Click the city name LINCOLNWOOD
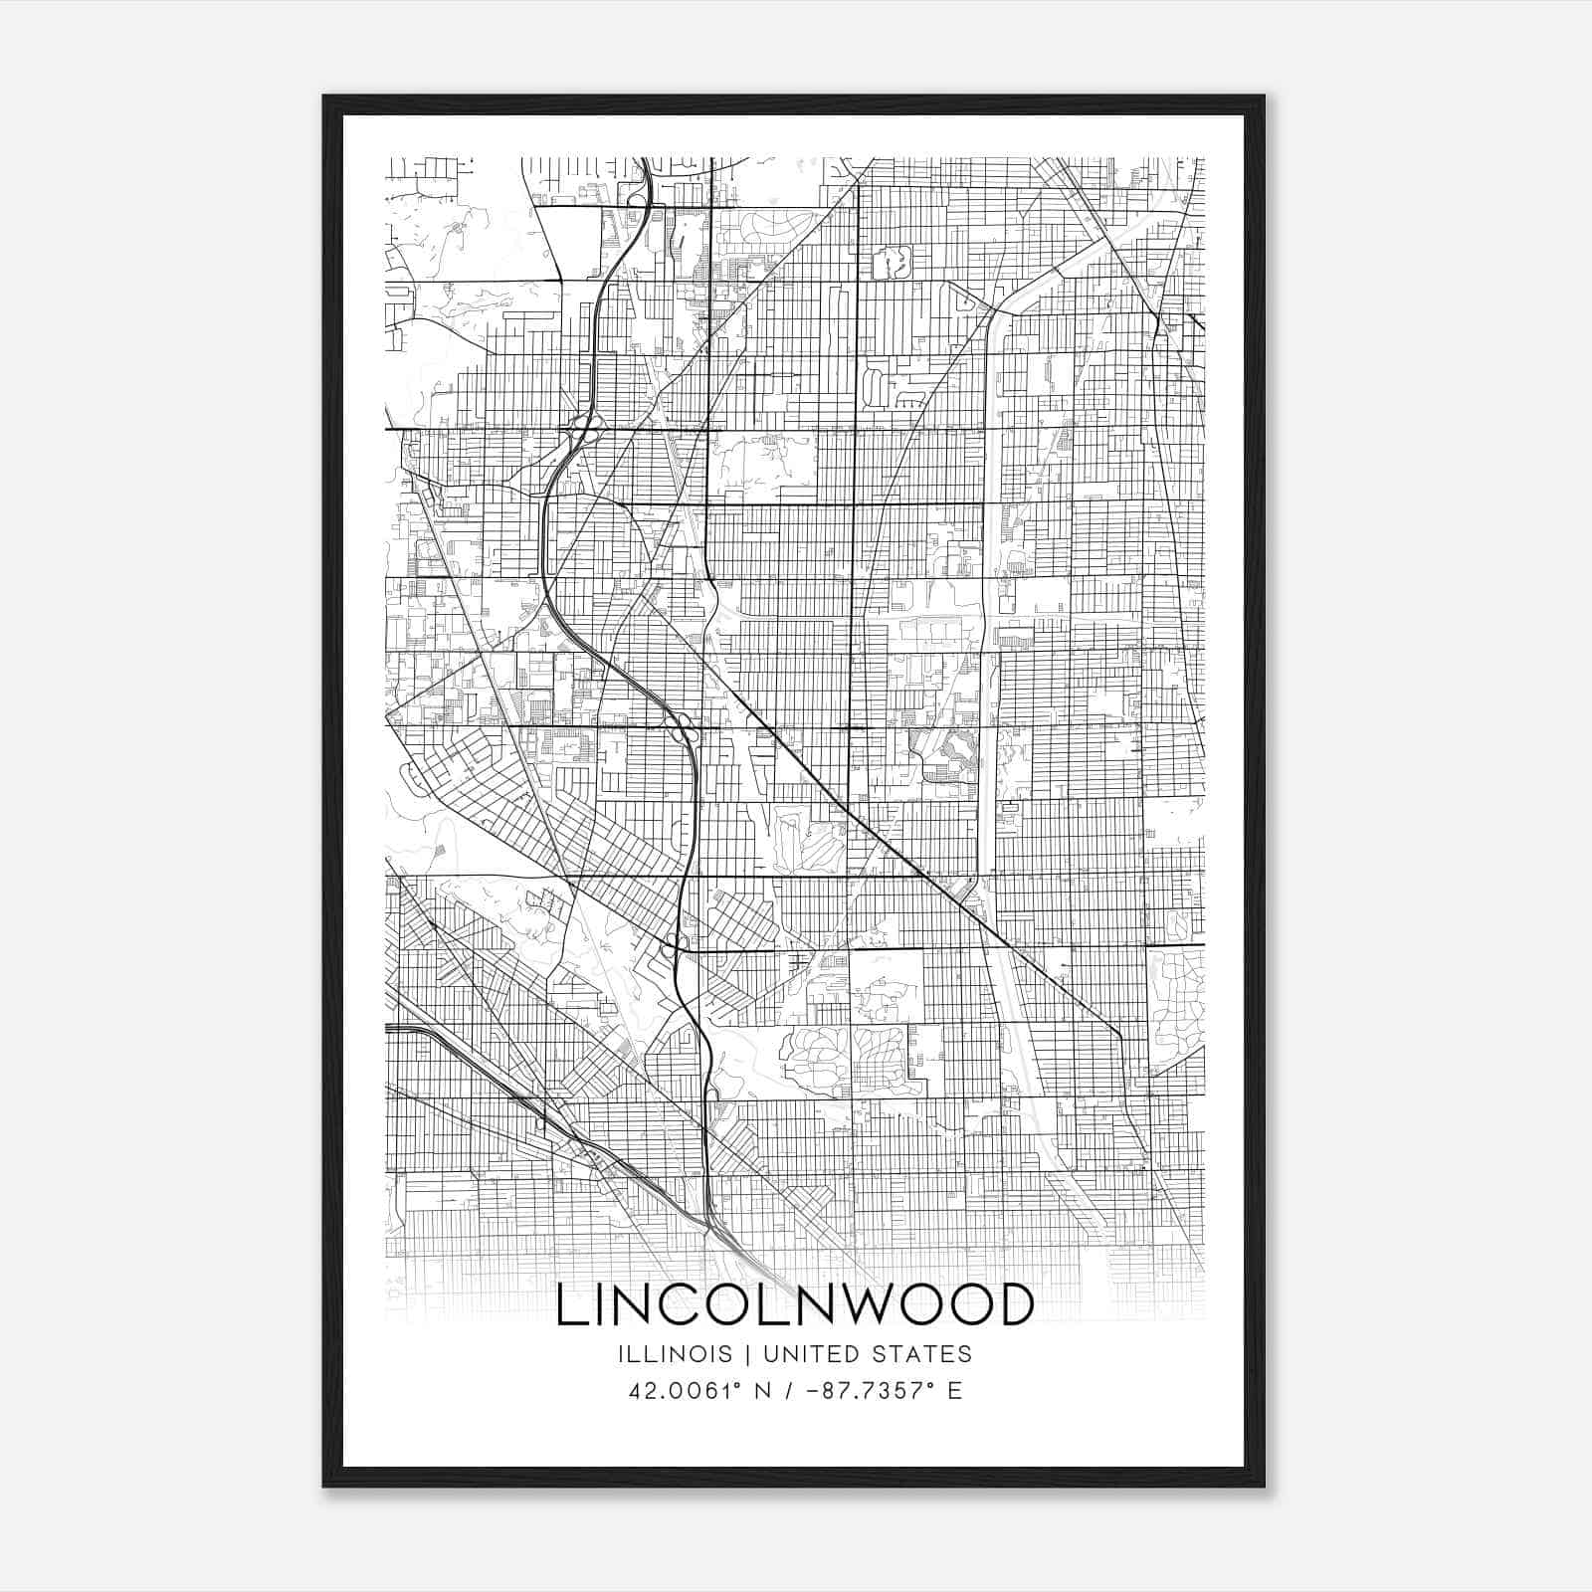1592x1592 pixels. pos(795,1304)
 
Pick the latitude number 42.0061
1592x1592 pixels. pos(672,1391)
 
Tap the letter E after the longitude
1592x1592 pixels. pos(954,1391)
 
